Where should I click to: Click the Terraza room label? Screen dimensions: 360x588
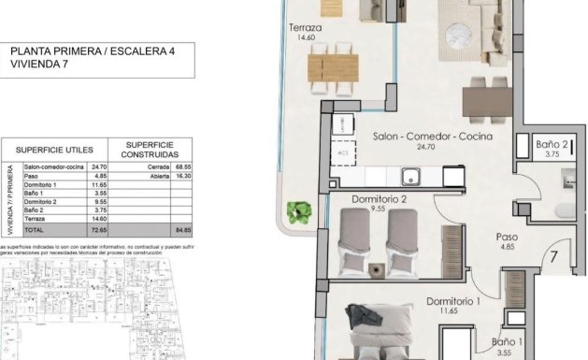[x=306, y=29]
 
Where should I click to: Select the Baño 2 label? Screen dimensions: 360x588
[x=551, y=145]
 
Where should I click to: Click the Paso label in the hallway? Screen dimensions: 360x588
[x=508, y=238]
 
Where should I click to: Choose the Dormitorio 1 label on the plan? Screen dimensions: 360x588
[x=453, y=302]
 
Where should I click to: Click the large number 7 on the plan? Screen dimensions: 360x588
[x=554, y=254]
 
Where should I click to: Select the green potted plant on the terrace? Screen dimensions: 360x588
[x=299, y=211]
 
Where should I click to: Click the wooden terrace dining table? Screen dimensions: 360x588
[x=334, y=67]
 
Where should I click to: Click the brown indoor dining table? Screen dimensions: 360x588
[x=485, y=99]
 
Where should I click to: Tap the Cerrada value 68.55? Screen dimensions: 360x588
[x=181, y=166]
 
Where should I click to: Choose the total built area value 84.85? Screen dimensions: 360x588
[x=181, y=227]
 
